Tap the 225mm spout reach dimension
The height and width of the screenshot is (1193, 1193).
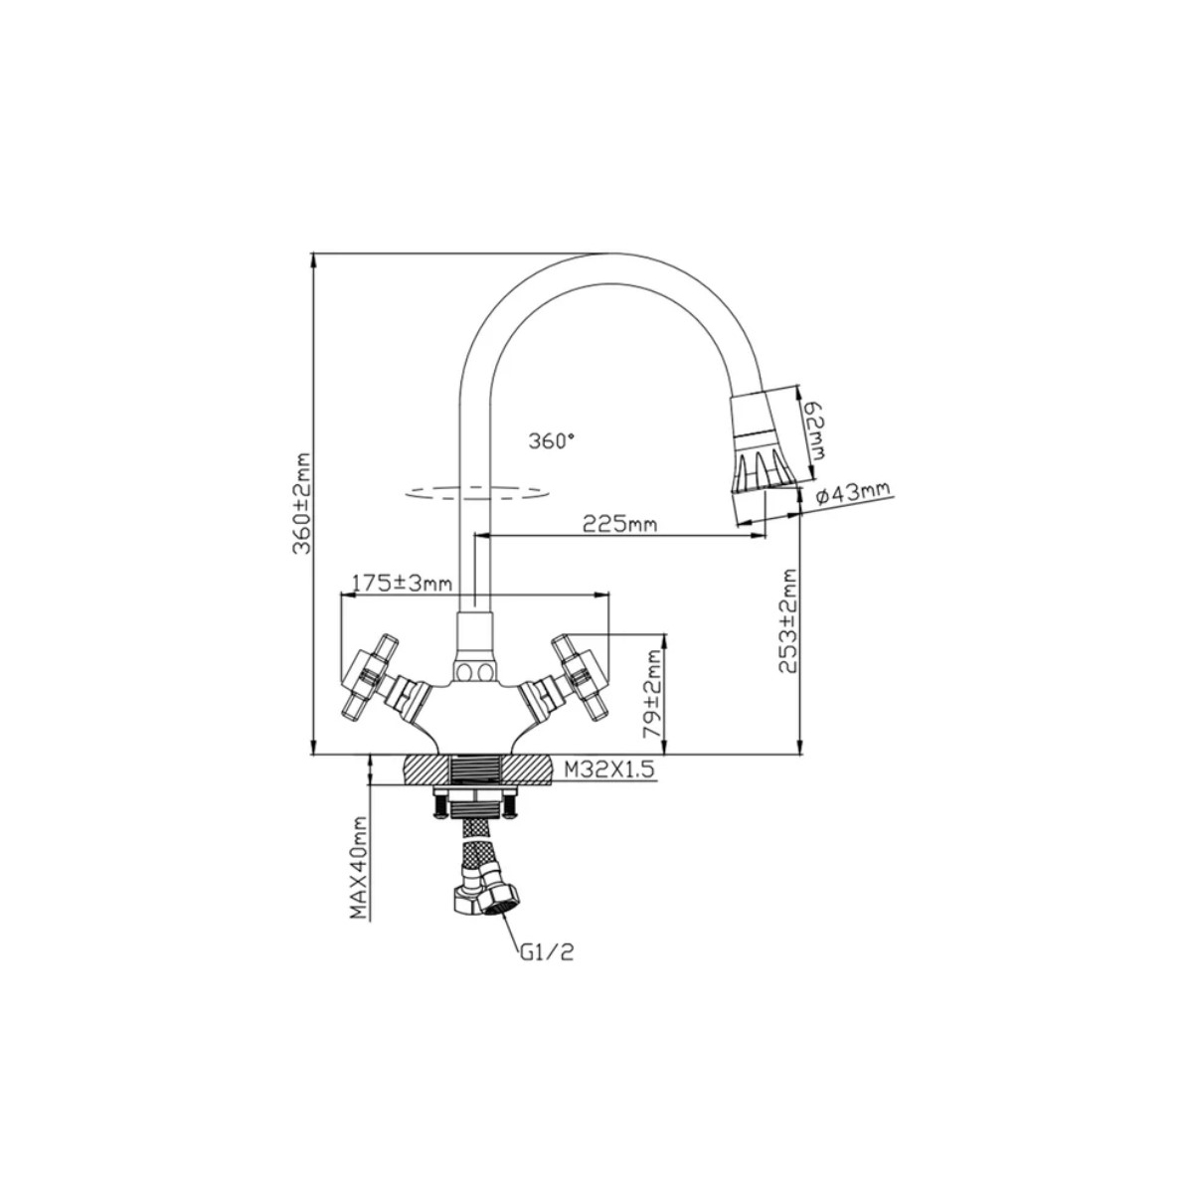[620, 507]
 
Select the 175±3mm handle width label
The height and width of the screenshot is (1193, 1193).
[403, 583]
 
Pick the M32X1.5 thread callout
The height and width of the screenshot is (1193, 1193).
[609, 769]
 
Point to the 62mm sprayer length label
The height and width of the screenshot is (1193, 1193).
[816, 430]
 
